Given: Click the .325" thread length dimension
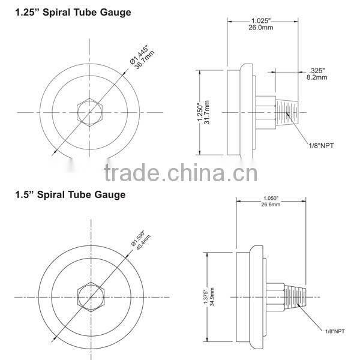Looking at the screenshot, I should click(x=318, y=70).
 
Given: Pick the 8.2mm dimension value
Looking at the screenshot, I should click(x=318, y=77).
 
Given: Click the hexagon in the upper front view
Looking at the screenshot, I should click(x=91, y=112).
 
